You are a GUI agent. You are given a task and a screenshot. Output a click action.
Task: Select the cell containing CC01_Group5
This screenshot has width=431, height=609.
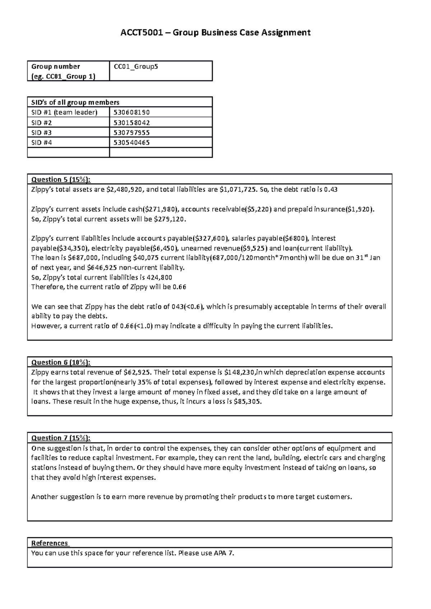click(136, 66)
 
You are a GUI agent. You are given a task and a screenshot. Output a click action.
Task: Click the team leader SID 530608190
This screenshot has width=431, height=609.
click(131, 112)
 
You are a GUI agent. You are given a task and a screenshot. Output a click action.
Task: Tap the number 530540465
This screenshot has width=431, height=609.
click(131, 142)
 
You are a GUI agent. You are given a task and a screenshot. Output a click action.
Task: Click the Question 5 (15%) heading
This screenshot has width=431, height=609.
click(61, 179)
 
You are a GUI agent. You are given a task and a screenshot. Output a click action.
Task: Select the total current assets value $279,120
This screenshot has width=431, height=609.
click(170, 219)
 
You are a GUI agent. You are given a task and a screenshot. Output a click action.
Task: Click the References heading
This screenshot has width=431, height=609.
click(50, 543)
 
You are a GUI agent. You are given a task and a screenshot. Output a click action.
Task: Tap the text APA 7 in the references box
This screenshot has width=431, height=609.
click(223, 553)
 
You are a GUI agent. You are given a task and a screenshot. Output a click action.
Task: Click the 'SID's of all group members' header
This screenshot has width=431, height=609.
click(75, 102)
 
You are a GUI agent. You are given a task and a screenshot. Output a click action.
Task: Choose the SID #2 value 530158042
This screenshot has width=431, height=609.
click(131, 122)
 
